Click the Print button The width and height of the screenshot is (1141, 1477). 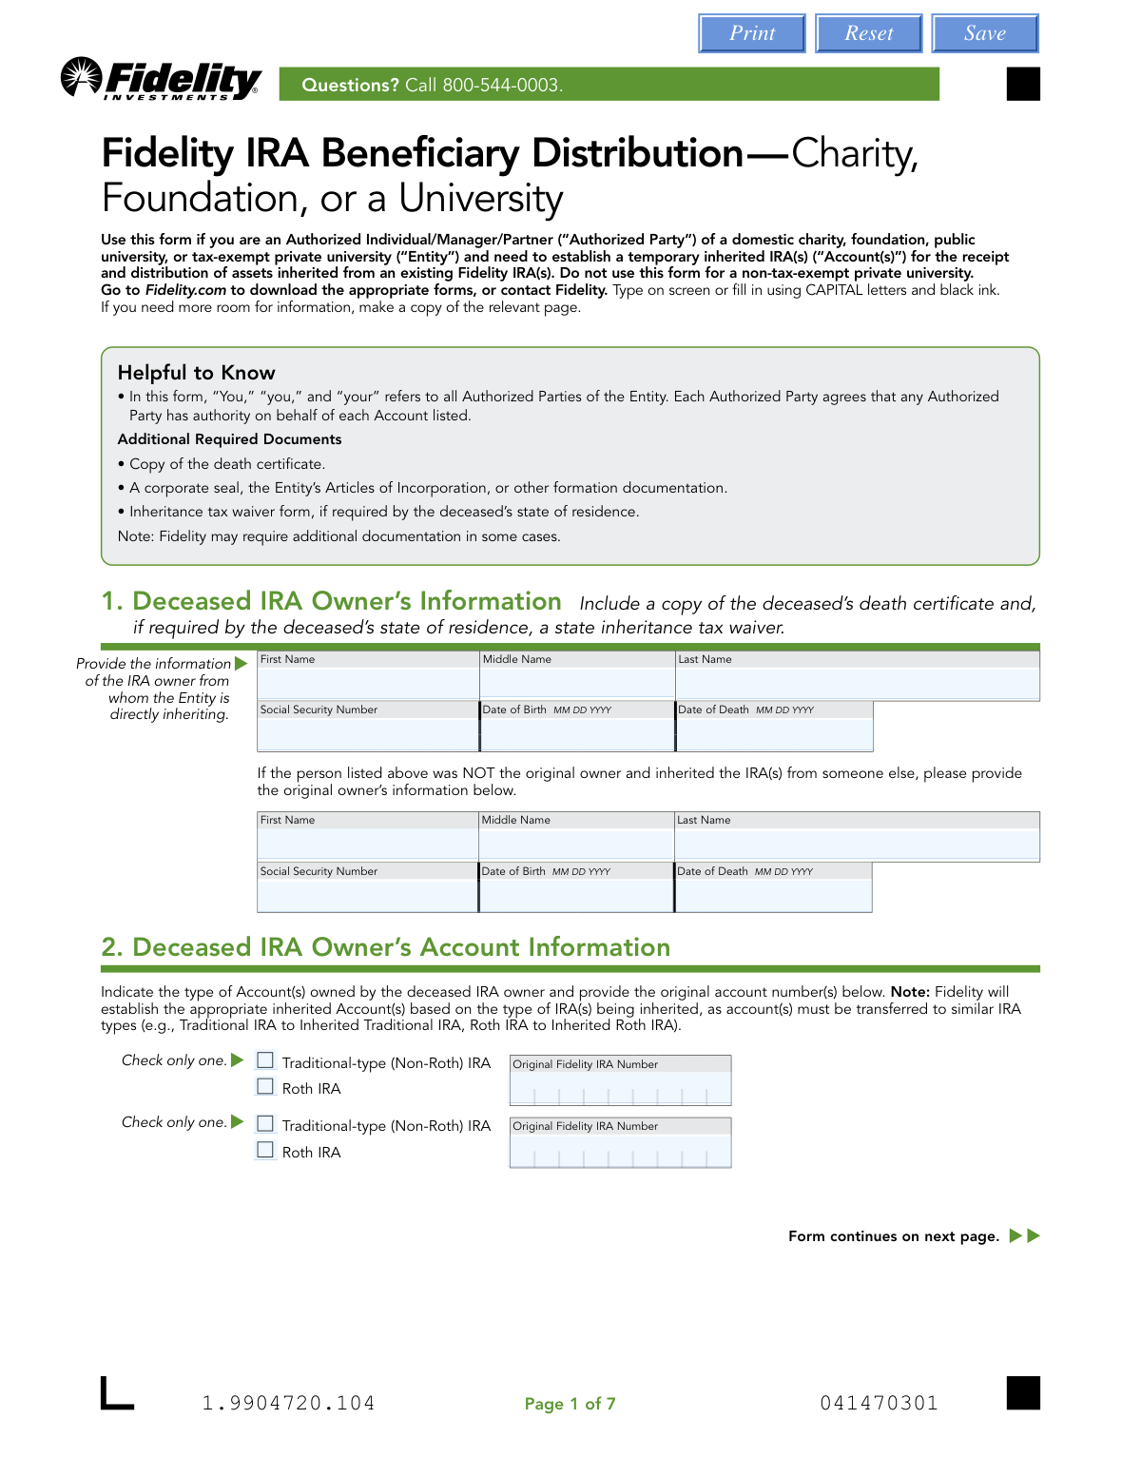[x=752, y=33]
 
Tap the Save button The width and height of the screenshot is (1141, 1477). [x=984, y=33]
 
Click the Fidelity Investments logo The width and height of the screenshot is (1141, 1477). [x=162, y=80]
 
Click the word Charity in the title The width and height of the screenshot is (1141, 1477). [x=854, y=153]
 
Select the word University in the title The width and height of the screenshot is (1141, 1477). [x=480, y=199]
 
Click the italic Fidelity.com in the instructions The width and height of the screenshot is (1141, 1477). [x=185, y=290]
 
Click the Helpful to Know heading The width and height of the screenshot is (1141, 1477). [x=196, y=373]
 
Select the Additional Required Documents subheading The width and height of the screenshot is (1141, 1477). [x=229, y=439]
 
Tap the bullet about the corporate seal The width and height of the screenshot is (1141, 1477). [x=428, y=488]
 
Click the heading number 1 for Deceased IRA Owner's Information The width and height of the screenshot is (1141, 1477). [x=112, y=601]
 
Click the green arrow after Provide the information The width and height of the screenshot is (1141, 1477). [x=241, y=664]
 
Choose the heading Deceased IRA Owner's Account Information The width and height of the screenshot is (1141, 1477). [x=400, y=947]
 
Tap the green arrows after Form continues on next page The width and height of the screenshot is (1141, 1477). [x=1025, y=1236]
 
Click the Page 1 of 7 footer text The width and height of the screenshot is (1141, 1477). [x=570, y=1404]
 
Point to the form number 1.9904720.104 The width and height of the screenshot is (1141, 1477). [x=288, y=1403]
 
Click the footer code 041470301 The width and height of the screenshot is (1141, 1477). [x=879, y=1403]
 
